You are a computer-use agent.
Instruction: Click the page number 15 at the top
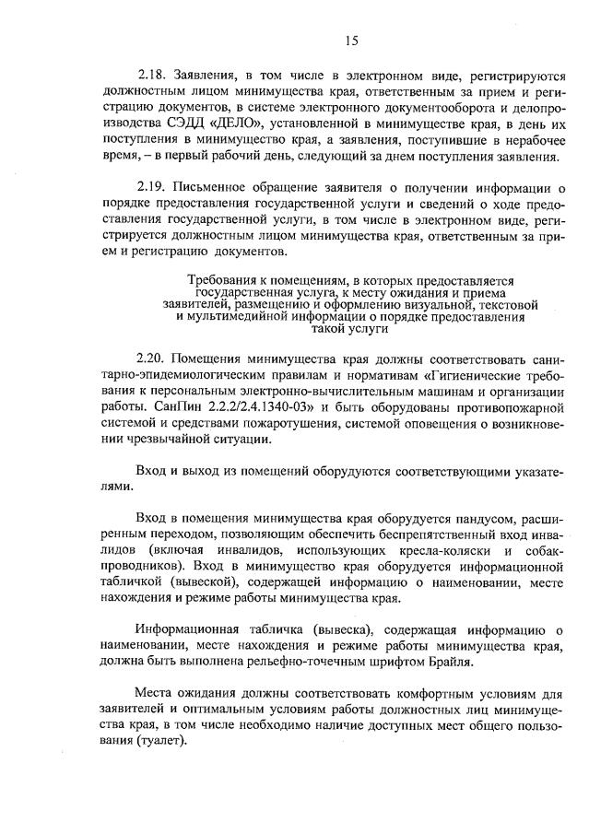[x=351, y=40]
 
